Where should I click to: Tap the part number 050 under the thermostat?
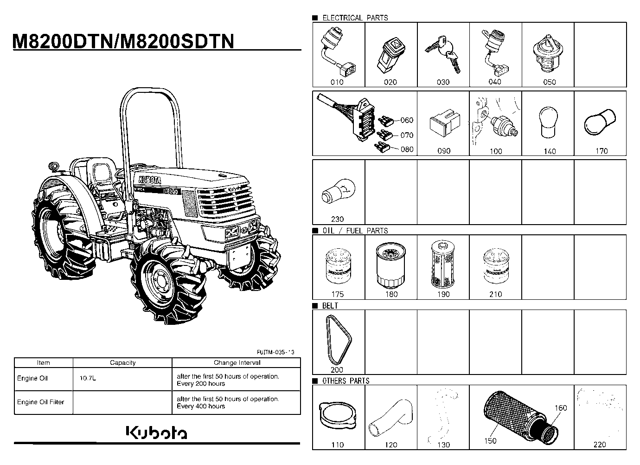[x=549, y=82]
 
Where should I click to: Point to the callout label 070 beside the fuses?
[x=407, y=135]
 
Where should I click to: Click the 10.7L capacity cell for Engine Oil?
[x=88, y=378]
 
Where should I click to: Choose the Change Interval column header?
[x=237, y=362]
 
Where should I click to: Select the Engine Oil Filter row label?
[x=40, y=402]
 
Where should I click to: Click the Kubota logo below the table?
[x=156, y=433]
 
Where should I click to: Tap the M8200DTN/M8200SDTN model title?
[x=123, y=41]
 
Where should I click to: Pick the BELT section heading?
[x=330, y=306]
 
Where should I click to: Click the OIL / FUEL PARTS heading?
[x=355, y=231]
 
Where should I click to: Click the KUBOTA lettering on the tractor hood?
[x=150, y=180]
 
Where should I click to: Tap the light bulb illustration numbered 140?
[x=548, y=123]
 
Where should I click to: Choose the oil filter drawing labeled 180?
[x=390, y=265]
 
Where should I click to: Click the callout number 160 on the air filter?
[x=561, y=408]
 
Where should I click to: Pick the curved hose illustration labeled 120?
[x=391, y=418]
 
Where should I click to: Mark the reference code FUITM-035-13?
[x=275, y=352]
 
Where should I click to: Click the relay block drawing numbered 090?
[x=445, y=123]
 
